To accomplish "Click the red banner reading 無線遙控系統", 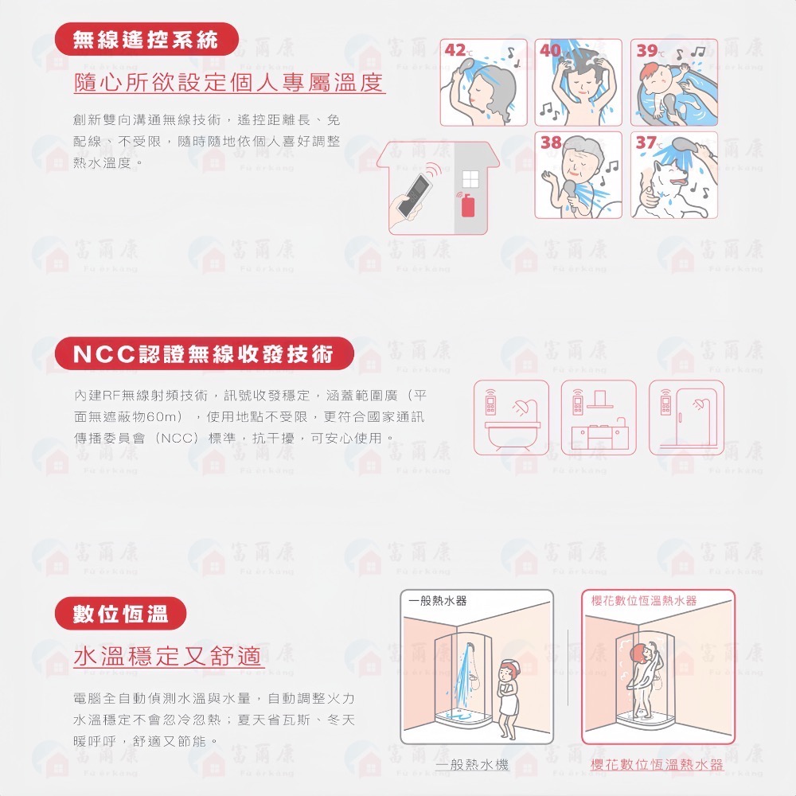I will click(146, 40).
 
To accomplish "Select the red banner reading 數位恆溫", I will click(120, 614).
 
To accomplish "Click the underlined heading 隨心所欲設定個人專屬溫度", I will click(229, 82).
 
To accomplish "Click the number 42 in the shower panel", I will click(455, 50).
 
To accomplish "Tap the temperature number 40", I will click(550, 50).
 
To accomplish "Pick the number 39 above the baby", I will click(646, 50).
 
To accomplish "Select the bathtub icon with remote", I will click(511, 419).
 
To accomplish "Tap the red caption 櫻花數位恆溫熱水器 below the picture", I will click(657, 765).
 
